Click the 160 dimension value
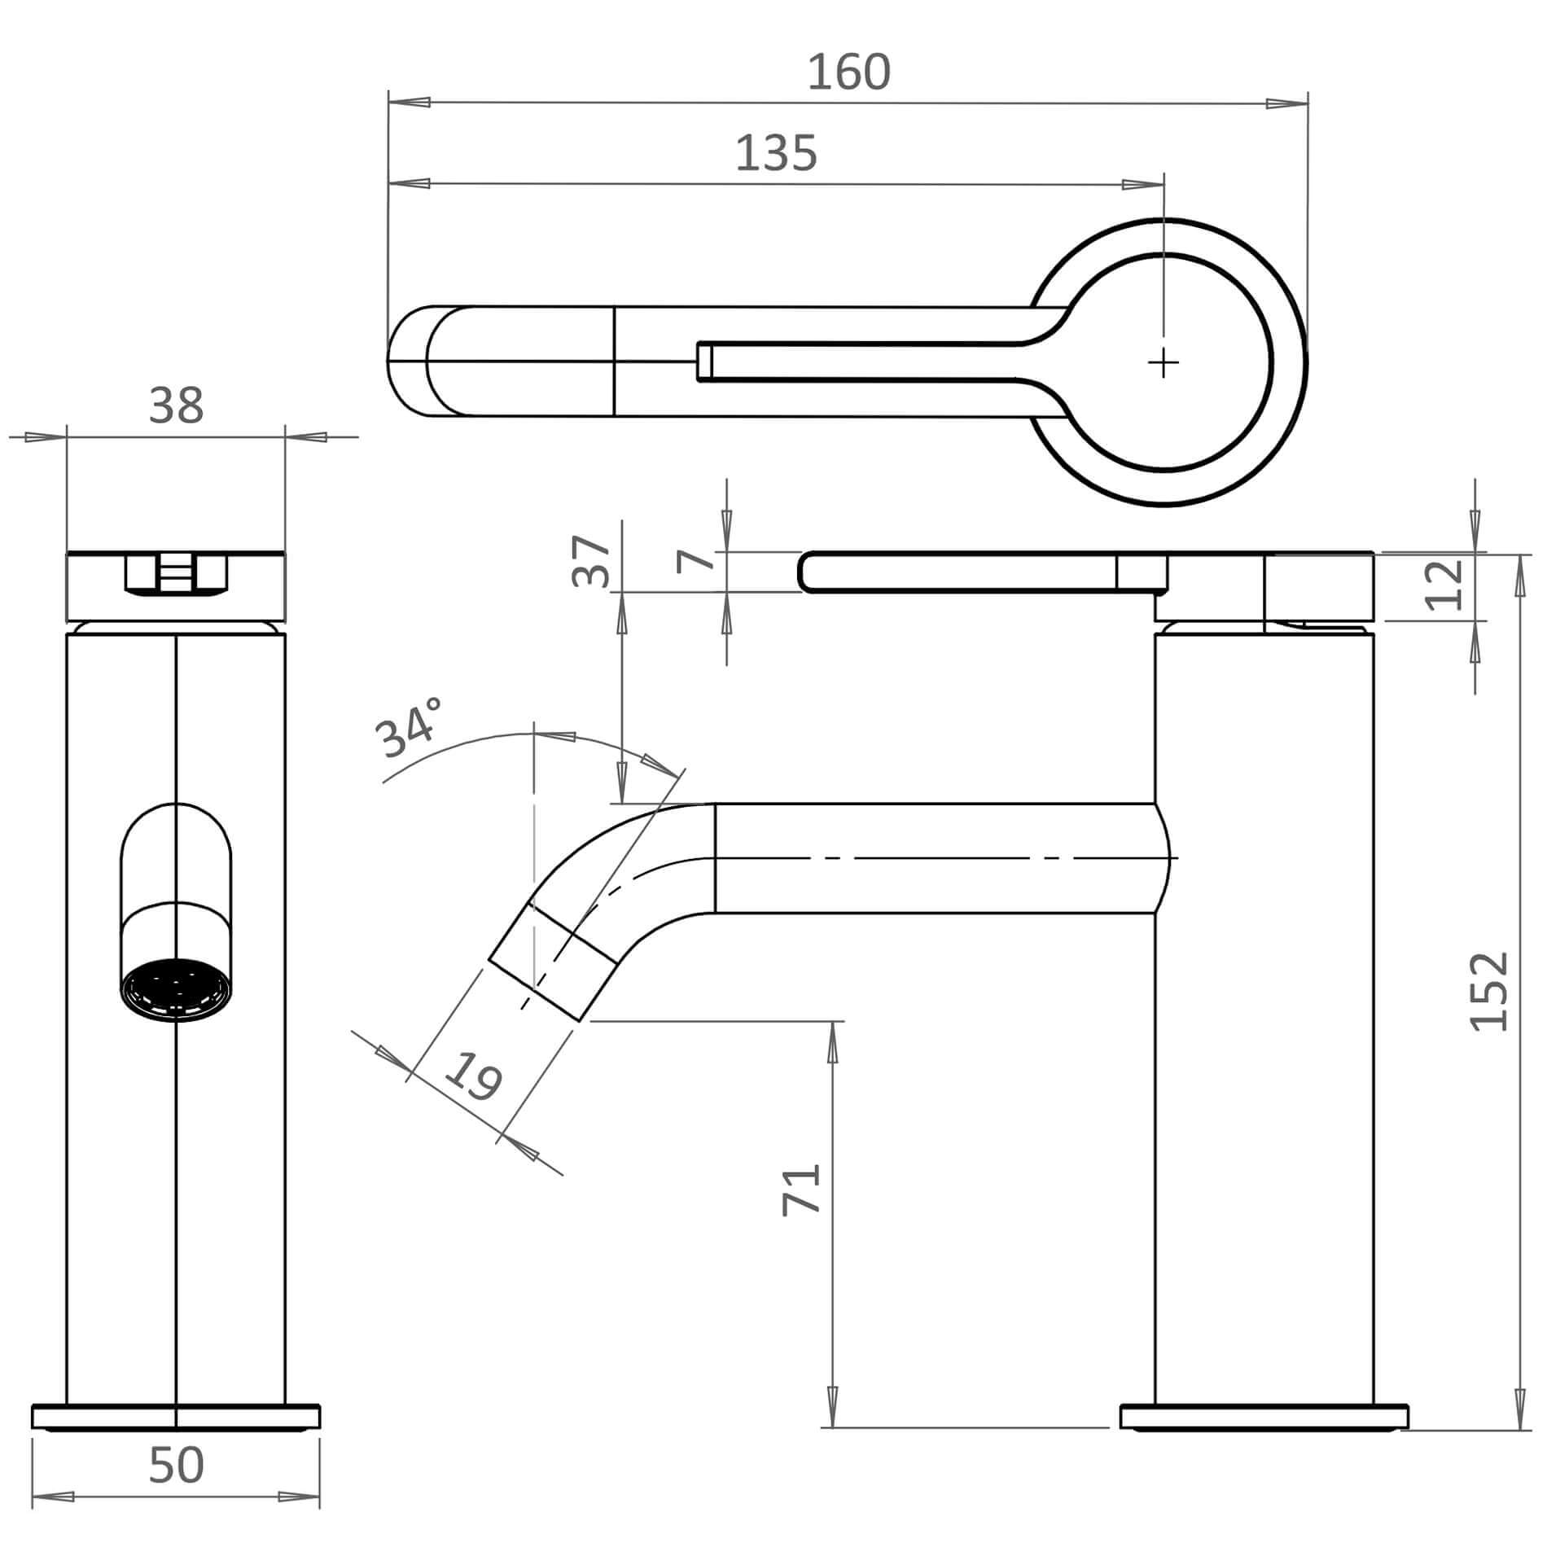(848, 72)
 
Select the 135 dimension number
(776, 153)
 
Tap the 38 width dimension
(176, 405)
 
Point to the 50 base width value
(176, 1466)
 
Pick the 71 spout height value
(801, 1190)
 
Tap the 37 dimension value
(591, 561)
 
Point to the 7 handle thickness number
(695, 560)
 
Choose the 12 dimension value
(1446, 584)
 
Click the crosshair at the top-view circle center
(1164, 362)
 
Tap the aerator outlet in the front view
(176, 991)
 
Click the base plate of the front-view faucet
(176, 1417)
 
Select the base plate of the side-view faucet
(1264, 1417)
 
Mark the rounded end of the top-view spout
(407, 362)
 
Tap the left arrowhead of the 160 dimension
(410, 103)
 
